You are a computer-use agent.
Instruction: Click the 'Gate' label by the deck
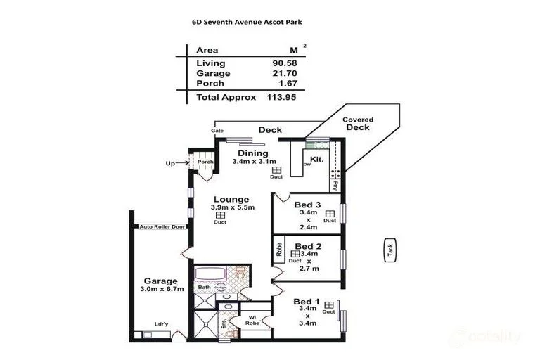click(218, 131)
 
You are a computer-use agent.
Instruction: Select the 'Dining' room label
click(252, 153)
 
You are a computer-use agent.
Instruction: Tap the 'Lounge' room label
click(232, 199)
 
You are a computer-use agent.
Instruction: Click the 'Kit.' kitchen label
click(316, 159)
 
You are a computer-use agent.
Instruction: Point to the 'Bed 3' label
click(308, 205)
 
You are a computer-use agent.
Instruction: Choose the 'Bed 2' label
click(308, 246)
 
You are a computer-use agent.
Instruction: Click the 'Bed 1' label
click(307, 302)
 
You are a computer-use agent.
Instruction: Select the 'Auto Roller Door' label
click(162, 226)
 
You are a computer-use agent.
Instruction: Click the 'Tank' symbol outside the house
click(390, 251)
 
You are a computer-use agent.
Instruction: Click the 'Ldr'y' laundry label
click(161, 324)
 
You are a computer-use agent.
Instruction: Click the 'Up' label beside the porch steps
click(170, 164)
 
